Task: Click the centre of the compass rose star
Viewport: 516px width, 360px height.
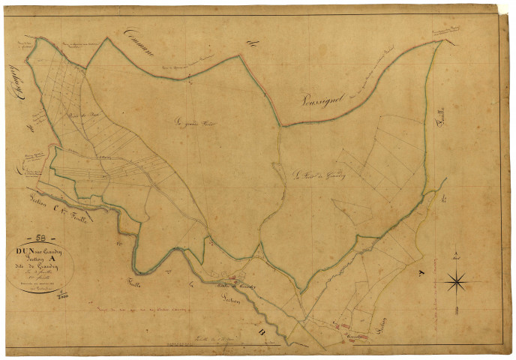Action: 457,283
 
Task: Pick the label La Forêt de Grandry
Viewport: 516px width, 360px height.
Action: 313,176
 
